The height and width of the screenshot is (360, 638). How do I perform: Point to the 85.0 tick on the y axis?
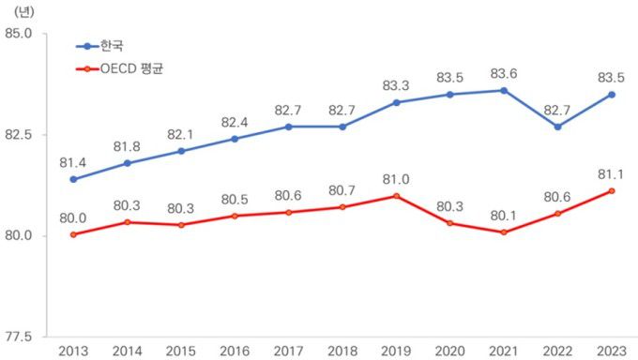click(x=20, y=33)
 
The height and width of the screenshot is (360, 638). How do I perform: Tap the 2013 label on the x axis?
click(x=73, y=351)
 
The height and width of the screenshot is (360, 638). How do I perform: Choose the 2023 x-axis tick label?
click(x=612, y=351)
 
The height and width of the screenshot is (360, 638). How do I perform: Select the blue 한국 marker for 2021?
click(x=504, y=90)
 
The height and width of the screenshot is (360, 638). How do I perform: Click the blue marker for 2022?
click(x=557, y=127)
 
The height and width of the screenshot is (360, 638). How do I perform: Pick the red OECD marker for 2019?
click(x=396, y=196)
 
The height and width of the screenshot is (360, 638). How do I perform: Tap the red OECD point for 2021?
click(x=504, y=232)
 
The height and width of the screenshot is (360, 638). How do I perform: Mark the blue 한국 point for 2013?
click(x=73, y=179)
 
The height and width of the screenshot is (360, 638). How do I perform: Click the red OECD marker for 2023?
click(x=612, y=191)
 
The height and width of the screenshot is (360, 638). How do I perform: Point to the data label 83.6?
click(x=504, y=73)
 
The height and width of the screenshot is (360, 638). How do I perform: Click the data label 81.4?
click(x=73, y=162)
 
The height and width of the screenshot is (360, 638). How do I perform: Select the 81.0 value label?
click(x=396, y=178)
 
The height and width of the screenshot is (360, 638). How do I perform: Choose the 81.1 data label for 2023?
click(x=612, y=173)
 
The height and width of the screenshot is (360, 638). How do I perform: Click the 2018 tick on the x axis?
click(x=342, y=351)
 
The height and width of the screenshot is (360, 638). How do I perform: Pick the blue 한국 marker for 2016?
click(x=235, y=139)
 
